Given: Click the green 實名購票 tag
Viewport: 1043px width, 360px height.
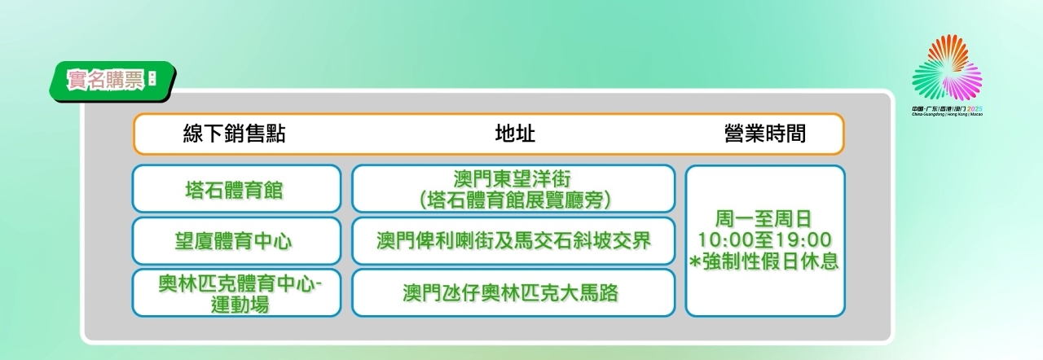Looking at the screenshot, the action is (x=112, y=81).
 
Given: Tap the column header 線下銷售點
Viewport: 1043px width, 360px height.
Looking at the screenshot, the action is (x=234, y=134).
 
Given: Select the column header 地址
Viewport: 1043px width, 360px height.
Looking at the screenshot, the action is (x=515, y=134).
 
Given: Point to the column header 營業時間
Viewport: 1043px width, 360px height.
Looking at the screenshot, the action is (x=765, y=134).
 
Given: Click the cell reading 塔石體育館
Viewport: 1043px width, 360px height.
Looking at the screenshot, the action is (x=236, y=189).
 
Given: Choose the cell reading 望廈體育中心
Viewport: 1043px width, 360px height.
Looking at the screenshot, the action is (x=236, y=241).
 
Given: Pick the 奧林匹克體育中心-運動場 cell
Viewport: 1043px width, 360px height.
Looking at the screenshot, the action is (x=236, y=293).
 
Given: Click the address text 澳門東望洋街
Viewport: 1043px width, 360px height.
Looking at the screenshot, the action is (x=513, y=179).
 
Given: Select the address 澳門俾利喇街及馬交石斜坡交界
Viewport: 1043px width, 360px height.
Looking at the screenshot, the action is (x=513, y=241).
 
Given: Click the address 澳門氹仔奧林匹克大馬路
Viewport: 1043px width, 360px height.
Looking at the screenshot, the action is (x=510, y=293).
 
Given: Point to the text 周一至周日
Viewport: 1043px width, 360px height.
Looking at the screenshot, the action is (x=764, y=219).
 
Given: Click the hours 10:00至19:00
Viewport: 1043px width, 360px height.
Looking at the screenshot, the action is (x=764, y=240).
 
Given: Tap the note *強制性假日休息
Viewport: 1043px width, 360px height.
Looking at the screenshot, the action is (x=764, y=261).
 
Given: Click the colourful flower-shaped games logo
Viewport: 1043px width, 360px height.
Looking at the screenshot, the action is (x=947, y=68).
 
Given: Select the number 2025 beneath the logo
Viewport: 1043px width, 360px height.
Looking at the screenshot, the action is (x=975, y=109).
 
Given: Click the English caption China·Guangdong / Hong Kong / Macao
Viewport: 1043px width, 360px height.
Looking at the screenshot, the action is (x=947, y=114).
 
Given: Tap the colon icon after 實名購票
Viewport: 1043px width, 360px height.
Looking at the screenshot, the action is (x=152, y=78).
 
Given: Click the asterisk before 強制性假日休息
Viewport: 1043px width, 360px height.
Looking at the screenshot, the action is (x=695, y=262).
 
